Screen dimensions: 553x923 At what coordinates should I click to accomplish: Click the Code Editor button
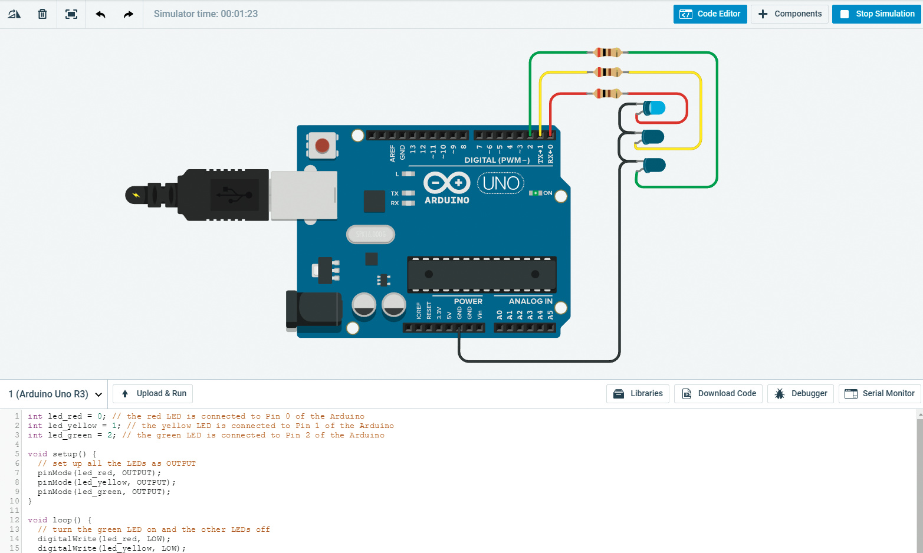710,14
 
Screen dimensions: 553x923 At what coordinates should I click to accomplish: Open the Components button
790,14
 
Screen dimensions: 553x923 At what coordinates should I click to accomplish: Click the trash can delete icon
42,14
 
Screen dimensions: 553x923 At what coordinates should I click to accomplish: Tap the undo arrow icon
100,14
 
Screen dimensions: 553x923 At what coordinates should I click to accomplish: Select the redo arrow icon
128,14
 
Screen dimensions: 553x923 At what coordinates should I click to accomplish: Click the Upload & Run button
153,394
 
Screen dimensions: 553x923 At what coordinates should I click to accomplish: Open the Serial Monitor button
879,394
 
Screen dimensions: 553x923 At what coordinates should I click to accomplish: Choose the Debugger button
800,394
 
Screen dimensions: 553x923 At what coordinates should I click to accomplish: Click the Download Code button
718,394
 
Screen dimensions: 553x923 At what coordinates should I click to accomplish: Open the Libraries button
638,394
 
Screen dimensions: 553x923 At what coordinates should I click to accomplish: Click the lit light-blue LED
654,108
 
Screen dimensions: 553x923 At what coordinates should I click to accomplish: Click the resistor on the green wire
607,52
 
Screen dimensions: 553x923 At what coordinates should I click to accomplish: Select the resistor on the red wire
607,93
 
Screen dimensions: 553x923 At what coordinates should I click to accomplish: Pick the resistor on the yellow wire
607,73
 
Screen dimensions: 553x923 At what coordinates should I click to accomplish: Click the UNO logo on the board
501,183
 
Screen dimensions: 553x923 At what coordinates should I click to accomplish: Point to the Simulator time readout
206,14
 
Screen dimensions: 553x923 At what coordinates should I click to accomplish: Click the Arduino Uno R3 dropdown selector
55,394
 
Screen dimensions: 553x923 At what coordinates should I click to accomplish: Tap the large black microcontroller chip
482,274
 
